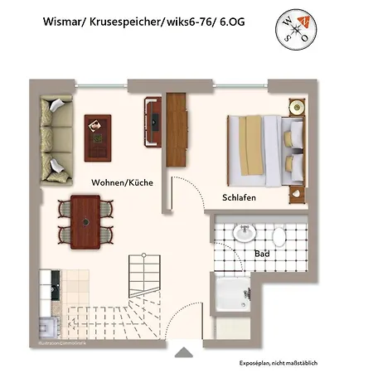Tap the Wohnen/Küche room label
[121, 182]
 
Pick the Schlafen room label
[238, 198]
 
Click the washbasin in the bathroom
[244, 235]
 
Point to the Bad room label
[262, 254]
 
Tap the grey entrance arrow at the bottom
[182, 353]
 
